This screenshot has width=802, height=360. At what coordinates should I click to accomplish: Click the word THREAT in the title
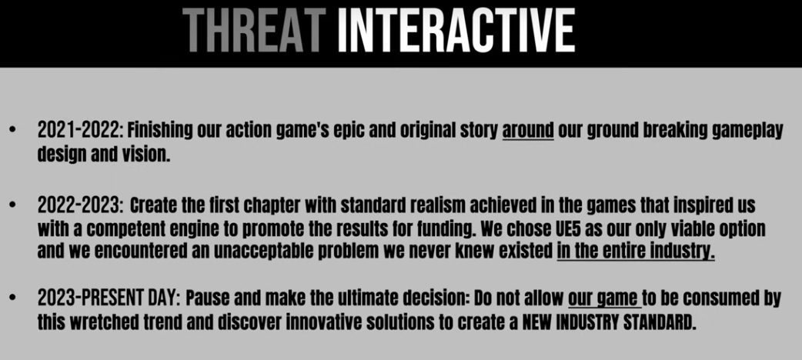(254, 30)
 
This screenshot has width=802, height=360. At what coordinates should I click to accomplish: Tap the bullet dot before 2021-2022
(12, 132)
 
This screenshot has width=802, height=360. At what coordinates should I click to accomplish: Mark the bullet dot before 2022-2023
(12, 206)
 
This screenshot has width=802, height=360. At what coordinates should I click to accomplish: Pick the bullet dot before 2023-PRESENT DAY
(12, 298)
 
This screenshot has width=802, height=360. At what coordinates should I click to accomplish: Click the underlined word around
(528, 132)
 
